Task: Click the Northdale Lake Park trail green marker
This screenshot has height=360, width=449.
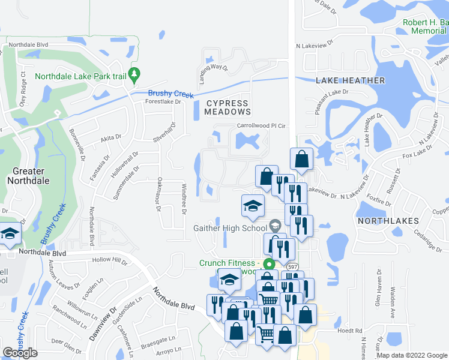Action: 135,74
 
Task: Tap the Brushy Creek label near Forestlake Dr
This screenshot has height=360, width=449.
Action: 171,93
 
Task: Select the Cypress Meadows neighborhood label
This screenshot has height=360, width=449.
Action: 228,107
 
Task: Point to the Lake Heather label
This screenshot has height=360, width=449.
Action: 350,80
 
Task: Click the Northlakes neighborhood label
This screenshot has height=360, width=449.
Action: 388,221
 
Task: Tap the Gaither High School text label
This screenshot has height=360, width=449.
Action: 230,228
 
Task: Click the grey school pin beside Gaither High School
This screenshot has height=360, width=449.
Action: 276,226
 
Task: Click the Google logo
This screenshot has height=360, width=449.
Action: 20,353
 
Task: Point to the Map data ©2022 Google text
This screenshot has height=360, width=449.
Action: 412,355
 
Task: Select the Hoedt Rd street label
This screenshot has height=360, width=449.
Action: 350,331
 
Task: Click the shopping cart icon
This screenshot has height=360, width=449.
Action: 270,299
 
